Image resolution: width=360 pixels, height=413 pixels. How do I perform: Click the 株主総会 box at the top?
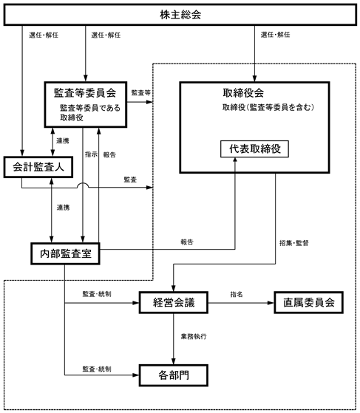coord(180,15)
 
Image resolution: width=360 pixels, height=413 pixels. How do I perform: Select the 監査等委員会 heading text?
coord(85,92)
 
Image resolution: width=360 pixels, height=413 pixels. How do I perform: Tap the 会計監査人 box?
coord(38,167)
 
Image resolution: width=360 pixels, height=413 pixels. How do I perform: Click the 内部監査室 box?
coord(65,253)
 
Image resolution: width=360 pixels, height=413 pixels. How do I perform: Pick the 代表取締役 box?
coord(254,149)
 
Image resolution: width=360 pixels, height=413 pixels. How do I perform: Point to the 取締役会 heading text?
coord(243,92)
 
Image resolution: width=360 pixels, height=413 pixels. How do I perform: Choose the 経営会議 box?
coord(174,302)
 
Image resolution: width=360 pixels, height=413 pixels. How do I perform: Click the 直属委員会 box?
coord(308,302)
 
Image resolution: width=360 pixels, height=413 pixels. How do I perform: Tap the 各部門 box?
coord(174,375)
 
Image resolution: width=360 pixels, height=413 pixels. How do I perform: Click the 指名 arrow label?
coord(237,294)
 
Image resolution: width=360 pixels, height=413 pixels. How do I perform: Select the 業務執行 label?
coord(194,336)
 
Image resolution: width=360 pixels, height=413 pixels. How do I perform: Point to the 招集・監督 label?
coord(294,243)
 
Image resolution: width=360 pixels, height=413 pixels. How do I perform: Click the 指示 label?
coord(91,154)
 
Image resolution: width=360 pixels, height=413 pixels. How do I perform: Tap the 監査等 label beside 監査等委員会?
coord(141,92)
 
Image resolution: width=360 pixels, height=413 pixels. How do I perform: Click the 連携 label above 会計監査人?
coord(63,141)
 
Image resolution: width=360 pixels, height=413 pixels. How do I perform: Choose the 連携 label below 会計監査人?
coord(64,208)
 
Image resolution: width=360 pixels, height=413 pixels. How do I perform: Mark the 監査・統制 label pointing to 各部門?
coord(97,369)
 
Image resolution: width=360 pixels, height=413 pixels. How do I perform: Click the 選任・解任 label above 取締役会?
coord(276,35)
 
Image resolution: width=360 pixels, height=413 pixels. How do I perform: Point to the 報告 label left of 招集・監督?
coord(187,242)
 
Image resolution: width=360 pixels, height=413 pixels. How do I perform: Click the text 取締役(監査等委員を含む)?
coord(268,107)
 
